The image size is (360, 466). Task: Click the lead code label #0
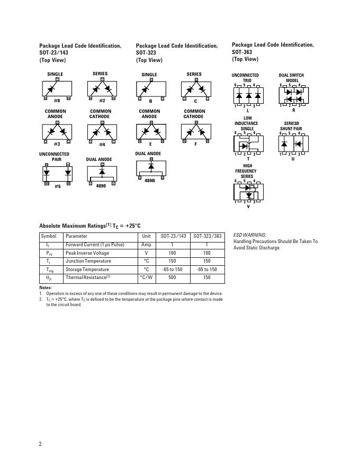click(x=57, y=101)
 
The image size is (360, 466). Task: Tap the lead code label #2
click(x=102, y=101)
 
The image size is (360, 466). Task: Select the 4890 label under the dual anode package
click(x=101, y=186)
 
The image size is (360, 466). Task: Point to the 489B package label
click(x=150, y=181)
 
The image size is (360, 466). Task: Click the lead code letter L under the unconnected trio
click(x=248, y=111)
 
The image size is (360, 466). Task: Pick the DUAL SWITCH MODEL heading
click(x=292, y=78)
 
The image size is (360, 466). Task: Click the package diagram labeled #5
click(x=57, y=173)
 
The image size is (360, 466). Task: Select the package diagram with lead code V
click(x=248, y=192)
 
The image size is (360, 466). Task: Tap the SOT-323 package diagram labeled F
click(x=195, y=130)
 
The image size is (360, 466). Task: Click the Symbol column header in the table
click(x=49, y=236)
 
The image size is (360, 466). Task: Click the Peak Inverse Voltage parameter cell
click(x=87, y=253)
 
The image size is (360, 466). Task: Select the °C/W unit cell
click(x=146, y=277)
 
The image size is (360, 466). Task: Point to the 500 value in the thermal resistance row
click(x=172, y=277)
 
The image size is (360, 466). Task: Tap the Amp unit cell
click(x=146, y=245)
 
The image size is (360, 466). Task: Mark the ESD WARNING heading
click(x=250, y=235)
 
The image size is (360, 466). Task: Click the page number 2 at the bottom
click(x=40, y=444)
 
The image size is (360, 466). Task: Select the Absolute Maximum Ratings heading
click(x=89, y=226)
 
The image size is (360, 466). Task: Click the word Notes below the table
click(x=46, y=288)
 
